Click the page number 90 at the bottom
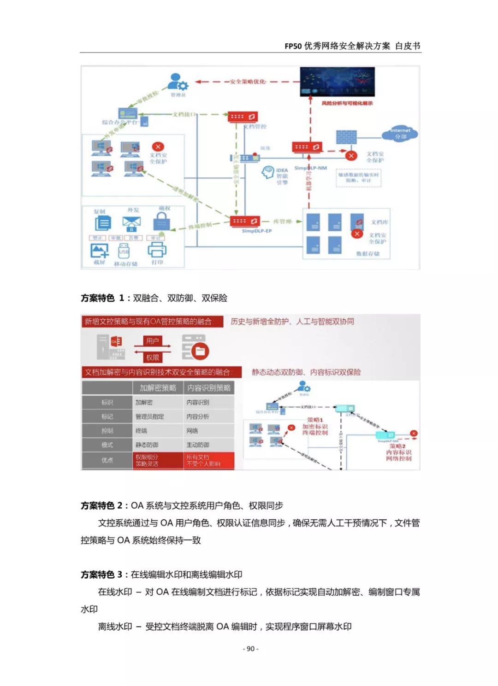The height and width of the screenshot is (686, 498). pyautogui.click(x=250, y=649)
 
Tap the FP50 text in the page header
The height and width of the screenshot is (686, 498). pyautogui.click(x=293, y=46)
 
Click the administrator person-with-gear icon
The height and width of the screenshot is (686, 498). pyautogui.click(x=178, y=82)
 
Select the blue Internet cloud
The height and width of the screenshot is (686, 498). pyautogui.click(x=400, y=133)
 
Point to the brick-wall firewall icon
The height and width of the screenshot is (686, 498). pyautogui.click(x=346, y=137)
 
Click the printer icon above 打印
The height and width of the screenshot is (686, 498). pyautogui.click(x=157, y=250)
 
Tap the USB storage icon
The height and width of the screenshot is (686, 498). pyautogui.click(x=124, y=252)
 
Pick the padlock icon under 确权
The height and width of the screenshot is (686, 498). pyautogui.click(x=162, y=223)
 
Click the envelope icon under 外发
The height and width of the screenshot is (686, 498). pyautogui.click(x=132, y=223)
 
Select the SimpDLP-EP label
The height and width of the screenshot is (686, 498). pyautogui.click(x=257, y=231)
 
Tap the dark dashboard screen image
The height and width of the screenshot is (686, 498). pyautogui.click(x=337, y=82)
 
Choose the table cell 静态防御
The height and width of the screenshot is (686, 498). pyautogui.click(x=147, y=445)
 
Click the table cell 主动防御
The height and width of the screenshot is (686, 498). pyautogui.click(x=198, y=445)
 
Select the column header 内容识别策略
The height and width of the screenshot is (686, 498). pyautogui.click(x=209, y=388)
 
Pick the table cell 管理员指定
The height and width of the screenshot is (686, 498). pyautogui.click(x=150, y=416)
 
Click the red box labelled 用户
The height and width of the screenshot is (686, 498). pyautogui.click(x=153, y=341)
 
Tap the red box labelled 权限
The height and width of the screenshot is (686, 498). pyautogui.click(x=153, y=358)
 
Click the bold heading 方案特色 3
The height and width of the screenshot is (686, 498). pyautogui.click(x=101, y=575)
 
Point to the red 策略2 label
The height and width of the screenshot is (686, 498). pyautogui.click(x=397, y=446)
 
